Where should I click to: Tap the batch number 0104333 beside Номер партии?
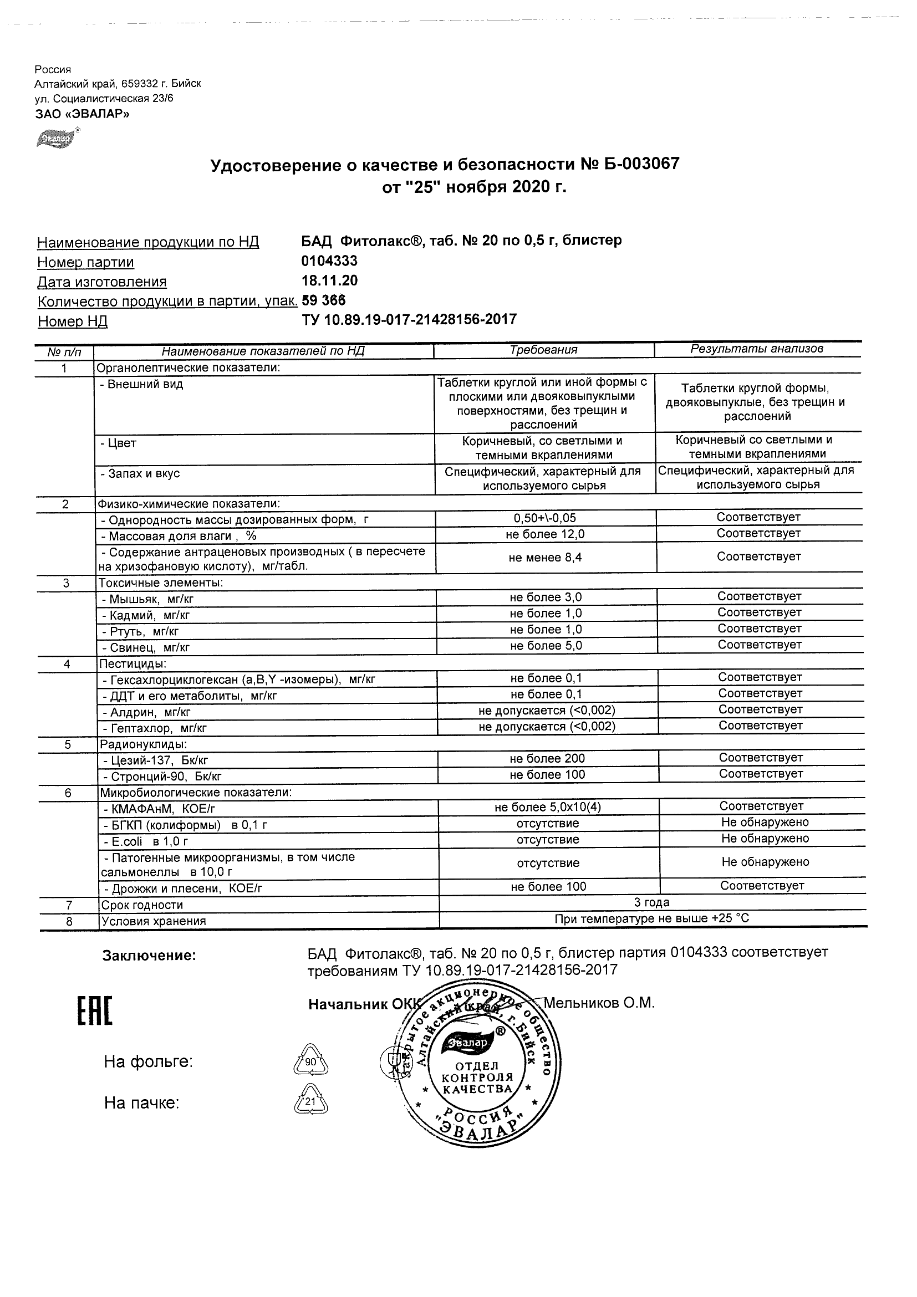329,261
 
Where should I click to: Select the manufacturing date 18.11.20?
329,280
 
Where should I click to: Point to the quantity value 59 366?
324,300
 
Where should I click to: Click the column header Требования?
543,350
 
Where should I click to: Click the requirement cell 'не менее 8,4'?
545,558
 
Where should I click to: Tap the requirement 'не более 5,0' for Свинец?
546,646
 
